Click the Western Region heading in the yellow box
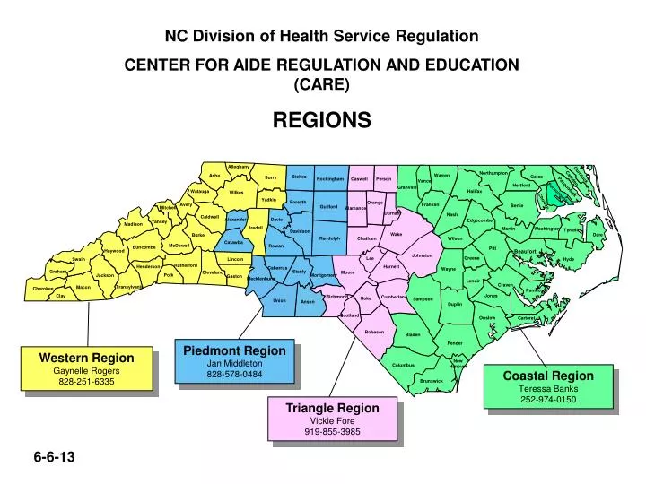point(86,358)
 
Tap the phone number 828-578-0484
point(234,374)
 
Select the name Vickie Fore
point(332,419)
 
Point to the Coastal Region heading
point(548,376)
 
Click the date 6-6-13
point(54,457)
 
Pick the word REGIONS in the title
point(321,120)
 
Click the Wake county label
point(396,235)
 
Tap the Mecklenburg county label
point(261,279)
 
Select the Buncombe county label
point(144,247)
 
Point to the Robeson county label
point(374,332)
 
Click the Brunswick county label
point(432,381)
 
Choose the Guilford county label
point(328,207)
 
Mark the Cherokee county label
point(42,289)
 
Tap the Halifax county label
point(475,191)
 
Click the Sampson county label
point(423,298)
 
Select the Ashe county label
point(214,176)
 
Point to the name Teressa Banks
point(548,388)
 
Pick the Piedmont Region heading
point(234,350)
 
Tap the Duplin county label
point(455,304)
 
